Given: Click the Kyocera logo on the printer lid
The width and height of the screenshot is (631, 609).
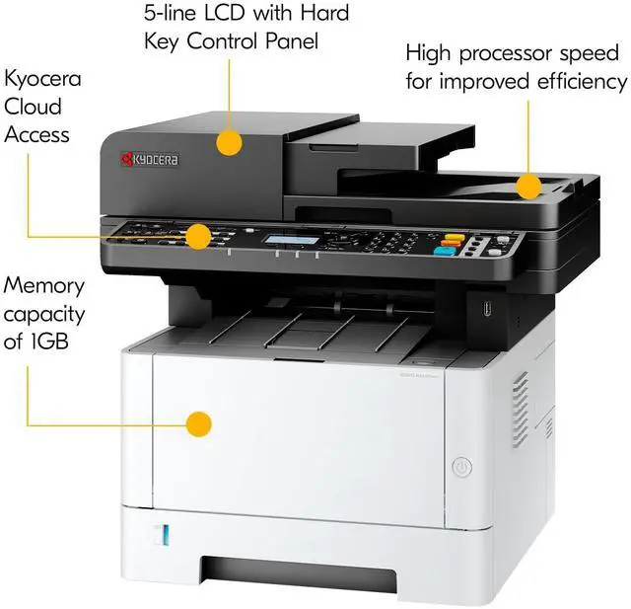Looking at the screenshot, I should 149,158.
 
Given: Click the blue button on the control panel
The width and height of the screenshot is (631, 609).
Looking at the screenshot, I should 444,252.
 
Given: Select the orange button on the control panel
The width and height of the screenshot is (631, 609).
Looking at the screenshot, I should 452,239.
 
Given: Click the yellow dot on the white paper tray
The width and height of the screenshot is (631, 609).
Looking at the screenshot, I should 199,424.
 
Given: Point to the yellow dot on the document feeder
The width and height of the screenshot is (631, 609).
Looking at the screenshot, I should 230,142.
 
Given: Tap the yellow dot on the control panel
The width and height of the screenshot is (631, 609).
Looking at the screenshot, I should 199,236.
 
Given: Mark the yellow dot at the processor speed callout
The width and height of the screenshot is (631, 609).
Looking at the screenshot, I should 529,185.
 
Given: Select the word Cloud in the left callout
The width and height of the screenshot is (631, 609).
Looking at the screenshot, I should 33,107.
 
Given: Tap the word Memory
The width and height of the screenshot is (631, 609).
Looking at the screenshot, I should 44,286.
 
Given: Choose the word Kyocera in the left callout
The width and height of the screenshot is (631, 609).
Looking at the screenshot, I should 43,78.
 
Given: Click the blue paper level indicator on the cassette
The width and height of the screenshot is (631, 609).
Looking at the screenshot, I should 166,536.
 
